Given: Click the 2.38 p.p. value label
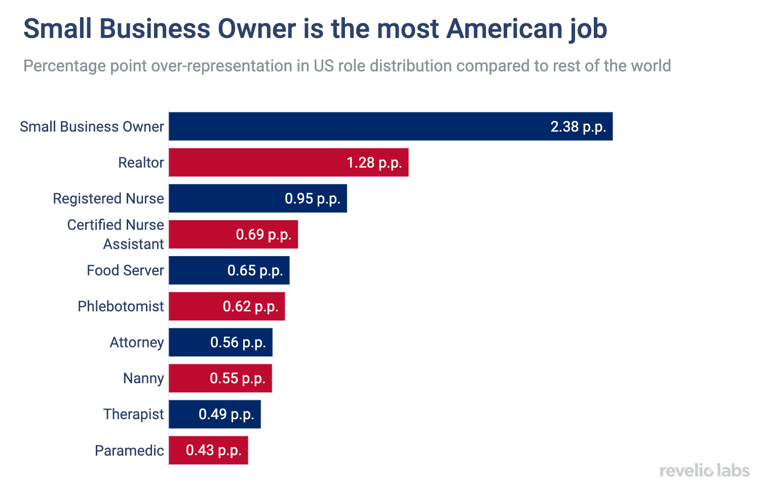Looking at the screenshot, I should tap(578, 127).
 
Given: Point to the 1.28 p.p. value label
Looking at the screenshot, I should tap(374, 163).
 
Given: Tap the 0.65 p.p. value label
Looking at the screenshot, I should tap(255, 270).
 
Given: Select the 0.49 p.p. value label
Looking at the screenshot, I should tap(226, 414).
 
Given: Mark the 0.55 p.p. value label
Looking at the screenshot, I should tap(238, 378).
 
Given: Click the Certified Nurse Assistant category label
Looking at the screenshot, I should tap(116, 234).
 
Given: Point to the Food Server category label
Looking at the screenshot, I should tap(125, 270).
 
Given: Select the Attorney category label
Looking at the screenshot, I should tap(137, 342).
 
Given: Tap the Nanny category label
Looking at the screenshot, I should tap(143, 378).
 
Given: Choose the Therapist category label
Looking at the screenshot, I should tap(133, 414).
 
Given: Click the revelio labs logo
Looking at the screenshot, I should tap(704, 471).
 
